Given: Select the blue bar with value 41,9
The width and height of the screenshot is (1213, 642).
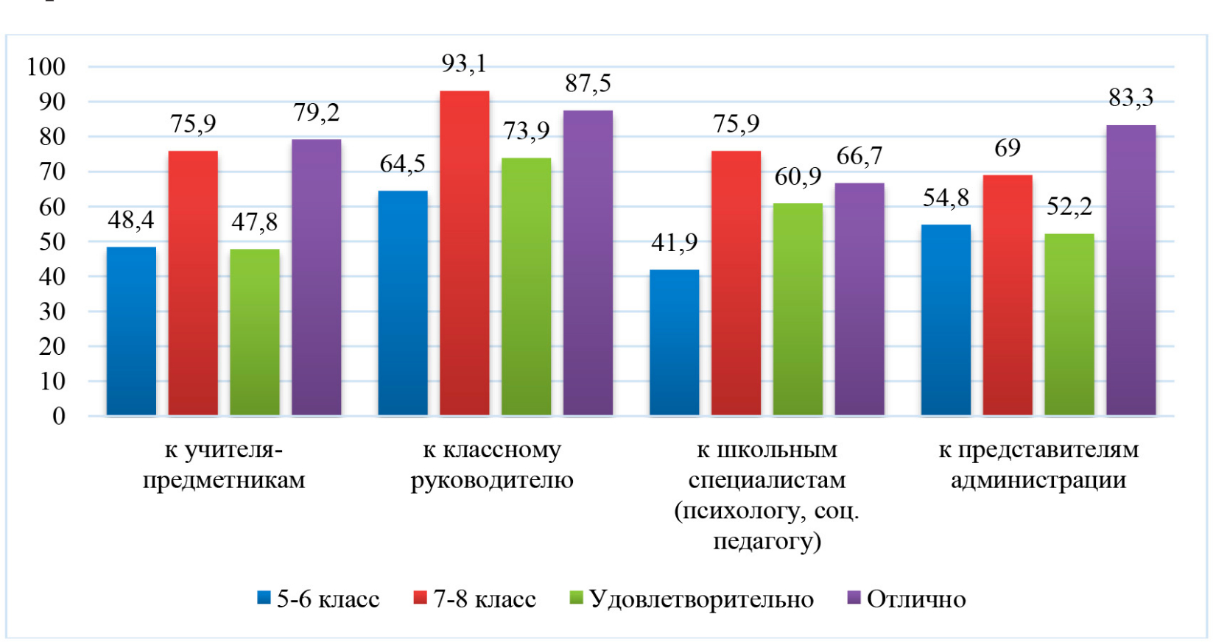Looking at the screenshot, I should point(674,342).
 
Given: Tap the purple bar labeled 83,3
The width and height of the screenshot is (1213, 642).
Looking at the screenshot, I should point(1131,270).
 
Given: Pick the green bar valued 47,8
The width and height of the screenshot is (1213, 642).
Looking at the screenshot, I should point(255,332).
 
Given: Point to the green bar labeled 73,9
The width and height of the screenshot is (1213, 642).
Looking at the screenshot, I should point(526,286).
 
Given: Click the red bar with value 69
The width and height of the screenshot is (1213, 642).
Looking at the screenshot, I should point(1007,295).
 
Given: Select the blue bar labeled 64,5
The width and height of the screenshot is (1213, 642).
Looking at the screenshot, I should point(402,303).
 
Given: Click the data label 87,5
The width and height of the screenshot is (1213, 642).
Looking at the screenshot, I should point(588,84).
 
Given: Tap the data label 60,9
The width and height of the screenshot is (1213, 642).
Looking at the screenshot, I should point(798,177).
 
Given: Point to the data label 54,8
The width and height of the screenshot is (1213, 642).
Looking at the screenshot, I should point(946,198).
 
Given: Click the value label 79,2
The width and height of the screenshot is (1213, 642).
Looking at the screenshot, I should point(316,113).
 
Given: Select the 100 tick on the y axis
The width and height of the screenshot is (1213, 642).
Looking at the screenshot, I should point(46,67).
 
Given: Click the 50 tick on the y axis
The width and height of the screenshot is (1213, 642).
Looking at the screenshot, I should point(52,242).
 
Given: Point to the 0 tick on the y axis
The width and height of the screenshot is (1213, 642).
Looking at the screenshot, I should point(59,417).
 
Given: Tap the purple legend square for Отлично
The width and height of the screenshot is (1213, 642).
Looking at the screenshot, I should point(854,598).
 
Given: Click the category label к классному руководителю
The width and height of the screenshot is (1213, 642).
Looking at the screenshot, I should point(492,465).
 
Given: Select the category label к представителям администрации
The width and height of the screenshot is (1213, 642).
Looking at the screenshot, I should point(1038,465).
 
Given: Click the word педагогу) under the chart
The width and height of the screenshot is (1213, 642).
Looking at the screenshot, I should point(767,542).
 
